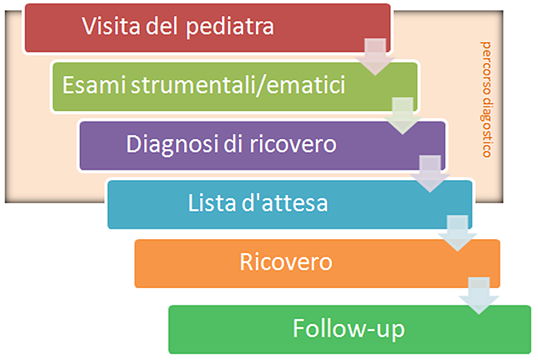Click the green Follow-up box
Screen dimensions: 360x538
[349, 328]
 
